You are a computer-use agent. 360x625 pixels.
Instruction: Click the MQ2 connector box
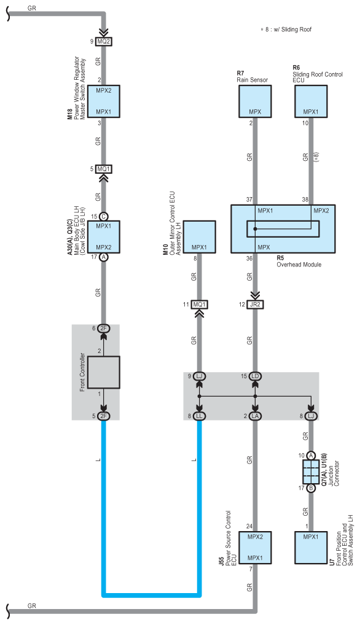pyautogui.click(x=104, y=41)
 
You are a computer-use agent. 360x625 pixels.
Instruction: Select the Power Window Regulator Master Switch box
pyautogui.click(x=104, y=101)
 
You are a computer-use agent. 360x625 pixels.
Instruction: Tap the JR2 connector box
pyautogui.click(x=255, y=305)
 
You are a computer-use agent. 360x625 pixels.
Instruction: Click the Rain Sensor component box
pyautogui.click(x=255, y=101)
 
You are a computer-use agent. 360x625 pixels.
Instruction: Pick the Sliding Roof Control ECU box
pyautogui.click(x=311, y=101)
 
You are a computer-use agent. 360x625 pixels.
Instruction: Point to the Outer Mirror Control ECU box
pyautogui.click(x=199, y=237)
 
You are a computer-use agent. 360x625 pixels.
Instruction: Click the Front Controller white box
pyautogui.click(x=104, y=372)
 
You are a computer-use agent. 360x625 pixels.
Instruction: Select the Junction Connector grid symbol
pyautogui.click(x=311, y=472)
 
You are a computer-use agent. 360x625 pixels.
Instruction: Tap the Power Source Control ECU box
pyautogui.click(x=255, y=548)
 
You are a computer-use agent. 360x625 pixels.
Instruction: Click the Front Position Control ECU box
pyautogui.click(x=311, y=548)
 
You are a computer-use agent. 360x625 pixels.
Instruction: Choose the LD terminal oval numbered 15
pyautogui.click(x=255, y=376)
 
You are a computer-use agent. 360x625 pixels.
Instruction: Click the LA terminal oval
pyautogui.click(x=255, y=416)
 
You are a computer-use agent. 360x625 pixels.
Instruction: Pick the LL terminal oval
pyautogui.click(x=199, y=416)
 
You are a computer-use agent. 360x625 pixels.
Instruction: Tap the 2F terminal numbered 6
pyautogui.click(x=104, y=328)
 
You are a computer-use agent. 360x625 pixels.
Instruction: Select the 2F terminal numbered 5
pyautogui.click(x=104, y=416)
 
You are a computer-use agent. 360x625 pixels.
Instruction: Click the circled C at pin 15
pyautogui.click(x=104, y=217)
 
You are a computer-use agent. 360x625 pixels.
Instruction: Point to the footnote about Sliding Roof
pyautogui.click(x=286, y=29)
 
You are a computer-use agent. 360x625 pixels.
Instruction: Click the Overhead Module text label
pyautogui.click(x=299, y=264)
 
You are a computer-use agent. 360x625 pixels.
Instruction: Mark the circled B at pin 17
pyautogui.click(x=311, y=488)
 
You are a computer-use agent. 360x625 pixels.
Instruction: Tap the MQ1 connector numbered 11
pyautogui.click(x=199, y=305)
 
